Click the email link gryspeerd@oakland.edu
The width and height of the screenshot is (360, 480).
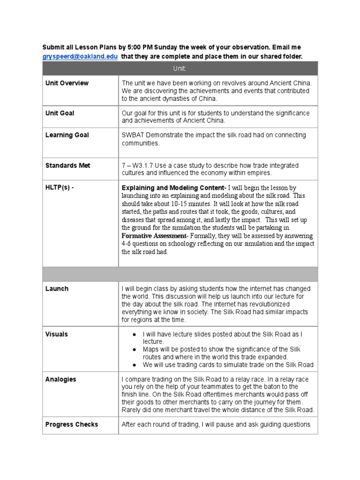coord(80,57)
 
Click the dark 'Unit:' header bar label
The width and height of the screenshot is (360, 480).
coord(180,68)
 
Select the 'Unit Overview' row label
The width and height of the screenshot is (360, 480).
coord(67,83)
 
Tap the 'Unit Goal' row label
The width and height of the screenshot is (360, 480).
coord(60,113)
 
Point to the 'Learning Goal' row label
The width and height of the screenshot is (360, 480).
coord(67,135)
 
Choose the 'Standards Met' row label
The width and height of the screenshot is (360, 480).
coord(68,165)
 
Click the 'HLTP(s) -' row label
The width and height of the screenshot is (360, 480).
coord(60,187)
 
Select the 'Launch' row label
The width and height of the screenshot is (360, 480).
coord(57,289)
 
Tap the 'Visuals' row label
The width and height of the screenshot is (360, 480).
coord(57,334)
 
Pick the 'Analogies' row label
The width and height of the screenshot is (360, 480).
coord(60,379)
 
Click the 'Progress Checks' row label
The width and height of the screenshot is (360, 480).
coord(72,424)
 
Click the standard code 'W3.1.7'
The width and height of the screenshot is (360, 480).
coord(144,165)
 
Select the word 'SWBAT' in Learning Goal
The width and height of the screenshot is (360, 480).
coord(134,135)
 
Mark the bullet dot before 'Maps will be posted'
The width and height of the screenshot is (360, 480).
coord(134,350)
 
